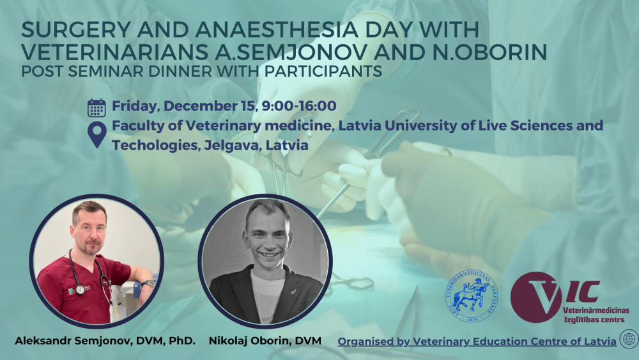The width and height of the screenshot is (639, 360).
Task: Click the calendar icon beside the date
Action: (x=96, y=108)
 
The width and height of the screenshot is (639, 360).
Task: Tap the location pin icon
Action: (x=97, y=134)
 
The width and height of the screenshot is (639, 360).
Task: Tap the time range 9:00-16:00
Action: (x=299, y=106)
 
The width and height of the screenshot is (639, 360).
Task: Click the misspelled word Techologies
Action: (x=155, y=145)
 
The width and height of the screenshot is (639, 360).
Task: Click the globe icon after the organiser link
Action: (x=629, y=339)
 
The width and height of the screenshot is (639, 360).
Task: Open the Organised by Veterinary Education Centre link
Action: (x=477, y=341)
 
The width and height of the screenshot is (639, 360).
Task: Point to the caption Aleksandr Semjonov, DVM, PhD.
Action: (x=105, y=341)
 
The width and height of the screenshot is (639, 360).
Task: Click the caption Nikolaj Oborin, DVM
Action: (x=265, y=341)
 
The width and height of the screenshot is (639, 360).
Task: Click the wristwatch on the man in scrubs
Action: (x=150, y=283)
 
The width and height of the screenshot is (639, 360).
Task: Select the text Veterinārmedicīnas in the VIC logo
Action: (x=596, y=311)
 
